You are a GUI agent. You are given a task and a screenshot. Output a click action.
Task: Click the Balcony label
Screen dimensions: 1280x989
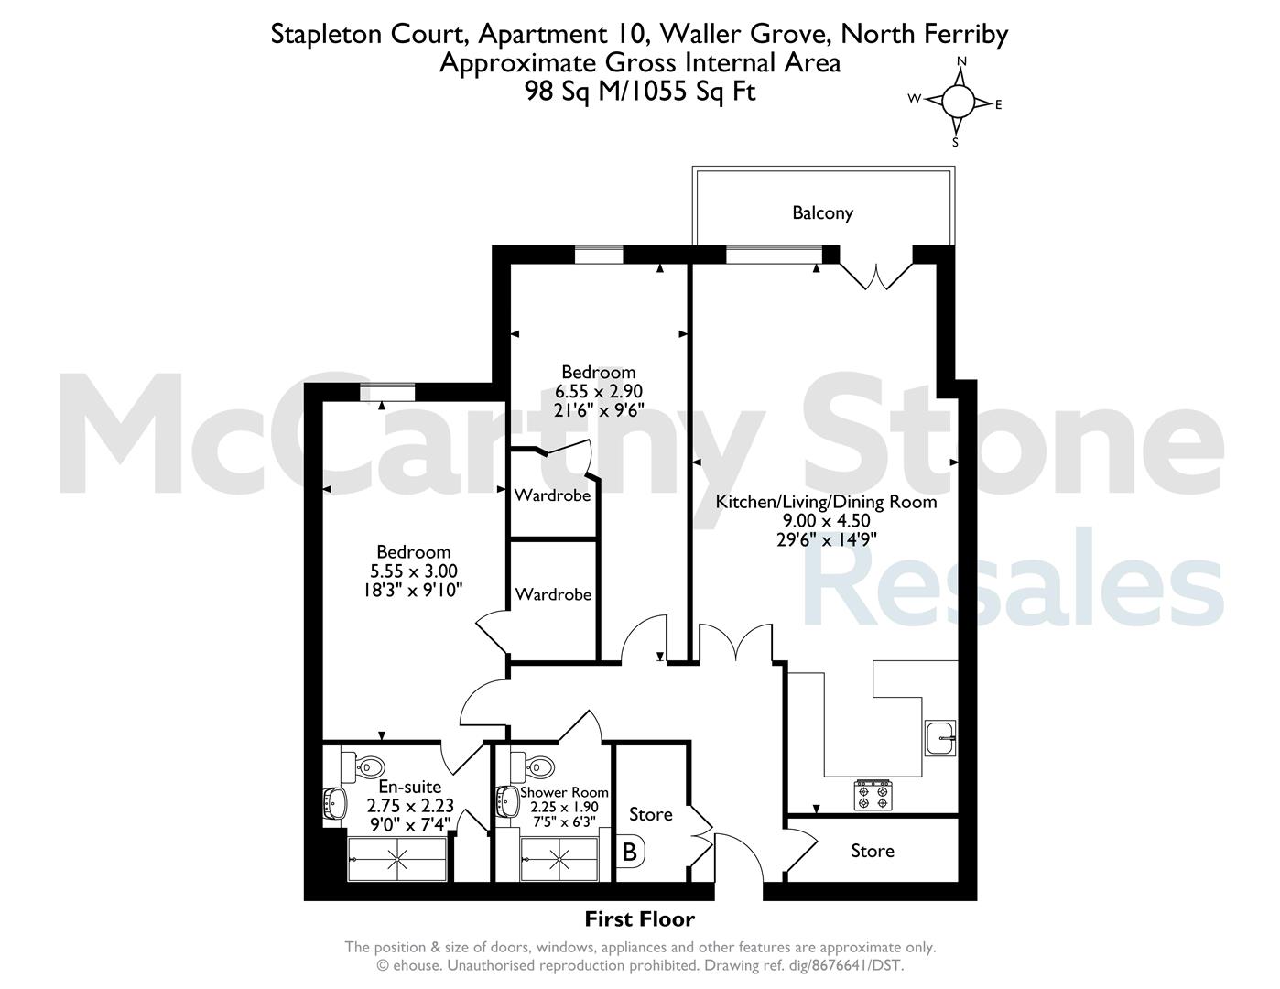pyautogui.click(x=822, y=213)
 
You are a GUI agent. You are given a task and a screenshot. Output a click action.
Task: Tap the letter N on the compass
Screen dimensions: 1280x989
pyautogui.click(x=961, y=61)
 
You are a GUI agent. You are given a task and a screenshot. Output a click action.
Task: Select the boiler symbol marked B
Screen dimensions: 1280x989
pyautogui.click(x=631, y=852)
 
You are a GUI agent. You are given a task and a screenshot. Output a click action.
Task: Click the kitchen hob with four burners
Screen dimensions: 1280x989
pyautogui.click(x=873, y=795)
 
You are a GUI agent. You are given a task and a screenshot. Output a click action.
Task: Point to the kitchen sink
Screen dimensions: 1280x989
pyautogui.click(x=940, y=737)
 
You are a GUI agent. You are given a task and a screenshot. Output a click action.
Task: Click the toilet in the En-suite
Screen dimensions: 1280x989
pyautogui.click(x=364, y=766)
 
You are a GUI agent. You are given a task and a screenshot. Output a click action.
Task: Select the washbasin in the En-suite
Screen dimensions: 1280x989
pyautogui.click(x=335, y=803)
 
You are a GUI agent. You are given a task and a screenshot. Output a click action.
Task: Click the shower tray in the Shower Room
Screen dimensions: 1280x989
pyautogui.click(x=559, y=859)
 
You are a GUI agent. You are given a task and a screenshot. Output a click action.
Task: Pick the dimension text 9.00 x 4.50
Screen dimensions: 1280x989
pyautogui.click(x=826, y=521)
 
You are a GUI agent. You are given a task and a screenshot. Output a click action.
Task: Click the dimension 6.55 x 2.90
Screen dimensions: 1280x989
pyautogui.click(x=599, y=391)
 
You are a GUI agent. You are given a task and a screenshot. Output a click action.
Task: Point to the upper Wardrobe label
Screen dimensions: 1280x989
pyautogui.click(x=552, y=495)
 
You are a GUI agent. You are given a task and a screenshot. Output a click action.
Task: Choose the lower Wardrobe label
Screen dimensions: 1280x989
pyautogui.click(x=553, y=594)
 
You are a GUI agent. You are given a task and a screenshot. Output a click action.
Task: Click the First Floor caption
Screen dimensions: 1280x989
pyautogui.click(x=640, y=918)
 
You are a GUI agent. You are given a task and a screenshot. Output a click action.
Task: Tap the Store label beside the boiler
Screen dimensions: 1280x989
pyautogui.click(x=651, y=815)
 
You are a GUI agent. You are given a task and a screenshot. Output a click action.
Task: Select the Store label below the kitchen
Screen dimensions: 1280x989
pyautogui.click(x=873, y=851)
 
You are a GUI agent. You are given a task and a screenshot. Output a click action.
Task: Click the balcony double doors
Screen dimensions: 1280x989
pyautogui.click(x=876, y=276)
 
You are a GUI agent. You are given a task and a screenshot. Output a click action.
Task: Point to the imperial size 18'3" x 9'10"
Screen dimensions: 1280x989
pyautogui.click(x=413, y=591)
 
